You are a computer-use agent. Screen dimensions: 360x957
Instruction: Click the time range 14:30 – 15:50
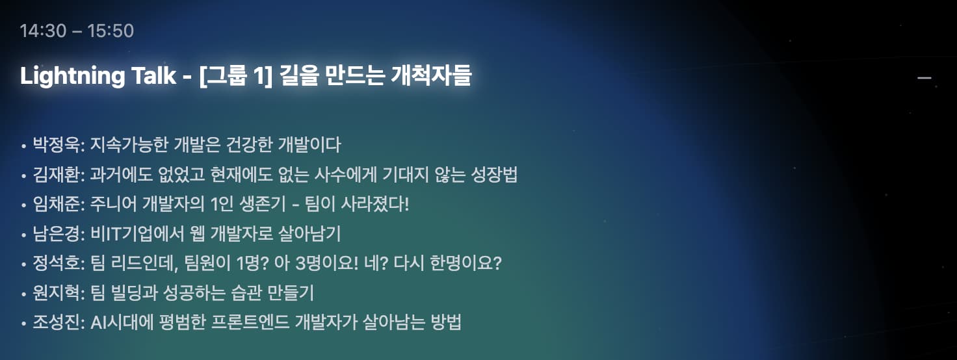(77, 31)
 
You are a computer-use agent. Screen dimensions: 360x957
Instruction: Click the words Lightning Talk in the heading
(98, 76)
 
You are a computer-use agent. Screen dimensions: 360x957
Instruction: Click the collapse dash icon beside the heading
(924, 78)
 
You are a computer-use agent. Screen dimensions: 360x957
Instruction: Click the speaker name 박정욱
(55, 144)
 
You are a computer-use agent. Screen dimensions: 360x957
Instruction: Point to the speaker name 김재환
(55, 174)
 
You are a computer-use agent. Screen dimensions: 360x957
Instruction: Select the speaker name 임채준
(55, 204)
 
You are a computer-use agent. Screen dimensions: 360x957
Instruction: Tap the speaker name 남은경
(55, 233)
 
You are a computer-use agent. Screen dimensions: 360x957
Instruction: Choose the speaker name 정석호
(55, 263)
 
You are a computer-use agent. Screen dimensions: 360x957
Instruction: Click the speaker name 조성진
(55, 322)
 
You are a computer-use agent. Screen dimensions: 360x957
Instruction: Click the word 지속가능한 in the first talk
(130, 144)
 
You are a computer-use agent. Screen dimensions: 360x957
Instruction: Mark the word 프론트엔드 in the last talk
(250, 322)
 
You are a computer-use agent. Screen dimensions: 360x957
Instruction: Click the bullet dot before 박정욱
(24, 146)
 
